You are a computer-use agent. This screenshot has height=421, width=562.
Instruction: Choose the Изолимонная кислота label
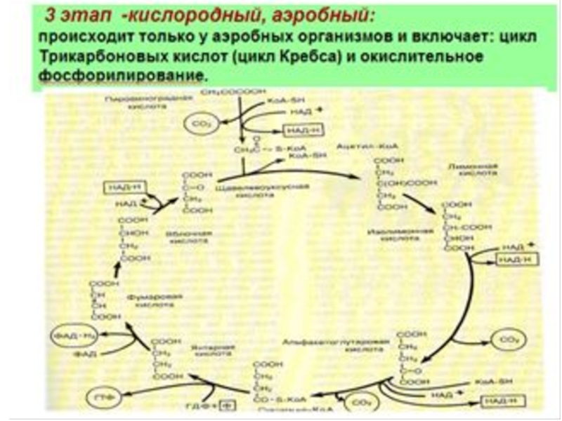pos(394,234)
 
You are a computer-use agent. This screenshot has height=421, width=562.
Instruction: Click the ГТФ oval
pos(98,397)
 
